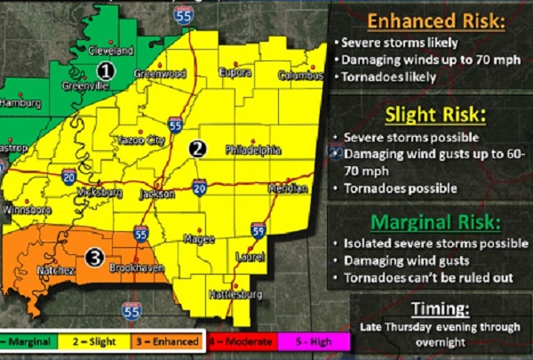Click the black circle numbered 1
tap(106, 69)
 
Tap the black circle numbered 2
tap(200, 148)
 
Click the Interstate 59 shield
tap(258, 231)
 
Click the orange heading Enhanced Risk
tap(431, 20)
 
